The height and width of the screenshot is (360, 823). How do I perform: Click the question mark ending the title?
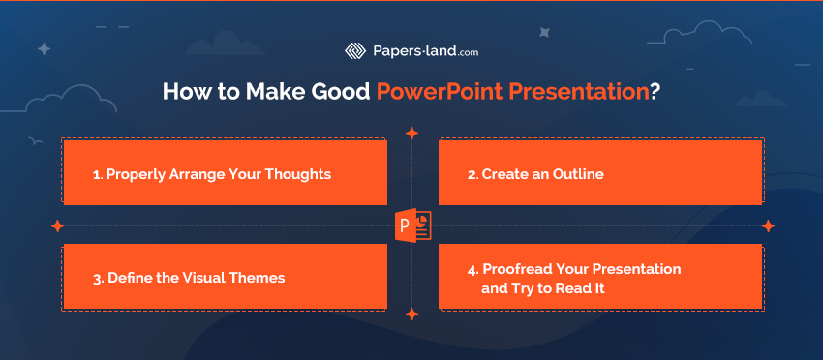655,92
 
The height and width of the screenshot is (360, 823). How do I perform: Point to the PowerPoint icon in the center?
412,225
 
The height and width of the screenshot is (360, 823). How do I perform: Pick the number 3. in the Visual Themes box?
98,278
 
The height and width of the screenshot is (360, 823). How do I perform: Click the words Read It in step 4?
578,287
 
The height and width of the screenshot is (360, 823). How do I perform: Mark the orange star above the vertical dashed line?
411,134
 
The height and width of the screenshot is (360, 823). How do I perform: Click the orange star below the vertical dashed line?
411,314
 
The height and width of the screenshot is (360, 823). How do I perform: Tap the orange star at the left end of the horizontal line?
57,225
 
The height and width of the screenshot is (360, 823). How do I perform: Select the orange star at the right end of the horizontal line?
768,225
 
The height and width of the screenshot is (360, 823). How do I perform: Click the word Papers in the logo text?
397,51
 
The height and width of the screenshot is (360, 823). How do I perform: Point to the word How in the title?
181,92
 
